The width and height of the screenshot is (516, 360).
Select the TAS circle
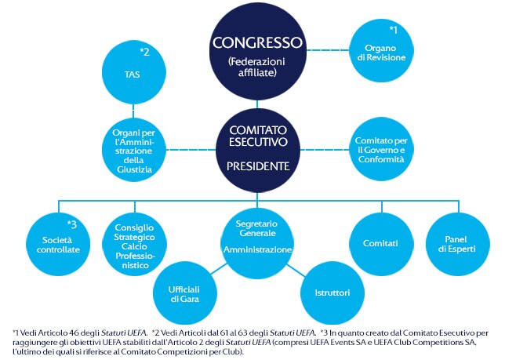click(133, 73)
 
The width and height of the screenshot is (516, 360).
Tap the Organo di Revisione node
click(381, 50)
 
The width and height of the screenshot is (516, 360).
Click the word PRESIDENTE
click(258, 166)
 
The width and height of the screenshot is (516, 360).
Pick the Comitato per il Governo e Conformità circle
click(381, 150)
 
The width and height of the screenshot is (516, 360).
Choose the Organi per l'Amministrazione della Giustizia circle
click(134, 150)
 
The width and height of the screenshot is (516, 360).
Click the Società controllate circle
click(58, 244)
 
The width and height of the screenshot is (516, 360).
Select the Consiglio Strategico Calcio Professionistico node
click(135, 244)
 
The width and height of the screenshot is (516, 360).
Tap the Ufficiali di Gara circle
click(184, 293)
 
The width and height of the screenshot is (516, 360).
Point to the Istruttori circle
click(332, 293)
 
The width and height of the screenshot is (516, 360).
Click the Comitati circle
click(381, 244)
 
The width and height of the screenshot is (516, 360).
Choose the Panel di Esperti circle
click(458, 244)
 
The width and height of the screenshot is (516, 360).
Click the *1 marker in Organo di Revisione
click(393, 30)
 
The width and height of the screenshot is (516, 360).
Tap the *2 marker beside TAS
click(144, 52)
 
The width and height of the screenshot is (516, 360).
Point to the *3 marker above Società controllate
click(71, 224)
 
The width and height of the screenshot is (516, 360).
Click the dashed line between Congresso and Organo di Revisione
click(328, 50)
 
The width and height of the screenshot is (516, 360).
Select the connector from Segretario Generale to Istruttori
click(296, 270)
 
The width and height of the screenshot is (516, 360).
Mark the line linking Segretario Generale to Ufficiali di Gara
click(219, 268)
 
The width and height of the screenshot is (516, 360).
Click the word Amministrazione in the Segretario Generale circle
click(258, 249)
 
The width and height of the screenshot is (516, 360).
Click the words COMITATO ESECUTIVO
click(258, 136)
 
